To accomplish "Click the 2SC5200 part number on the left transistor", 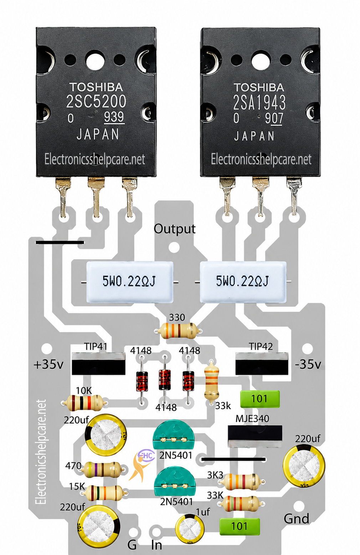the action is [96, 102].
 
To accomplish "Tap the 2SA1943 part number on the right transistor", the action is [259, 102].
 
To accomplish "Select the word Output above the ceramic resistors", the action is [174, 229].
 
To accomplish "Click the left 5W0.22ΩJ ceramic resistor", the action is [130, 282].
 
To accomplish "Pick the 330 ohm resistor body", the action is [178, 331].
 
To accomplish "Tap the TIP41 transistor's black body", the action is [98, 364].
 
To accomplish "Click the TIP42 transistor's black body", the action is [262, 364].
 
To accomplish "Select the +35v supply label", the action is [48, 364].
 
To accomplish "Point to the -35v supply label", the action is [308, 364].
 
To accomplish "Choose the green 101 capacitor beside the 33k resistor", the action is [260, 399].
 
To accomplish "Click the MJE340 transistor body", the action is [254, 436].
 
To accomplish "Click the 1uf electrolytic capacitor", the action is [190, 528].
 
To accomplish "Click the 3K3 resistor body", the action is [241, 482].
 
